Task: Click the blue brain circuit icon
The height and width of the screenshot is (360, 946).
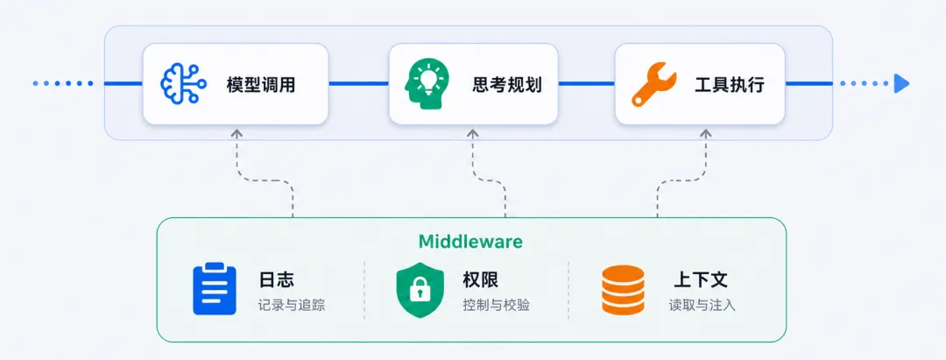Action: click(183, 83)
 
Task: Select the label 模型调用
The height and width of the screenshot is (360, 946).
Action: click(261, 84)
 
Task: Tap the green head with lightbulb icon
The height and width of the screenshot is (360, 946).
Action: click(427, 83)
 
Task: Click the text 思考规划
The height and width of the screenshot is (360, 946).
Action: click(507, 84)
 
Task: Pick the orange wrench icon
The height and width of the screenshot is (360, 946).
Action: click(654, 84)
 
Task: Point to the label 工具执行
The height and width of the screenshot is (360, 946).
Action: click(730, 84)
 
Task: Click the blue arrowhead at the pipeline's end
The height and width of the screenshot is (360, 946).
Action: click(901, 83)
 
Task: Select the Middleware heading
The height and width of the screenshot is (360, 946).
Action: click(470, 242)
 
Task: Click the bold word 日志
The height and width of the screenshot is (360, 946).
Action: click(276, 279)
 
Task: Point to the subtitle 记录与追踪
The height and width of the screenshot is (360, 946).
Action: click(292, 305)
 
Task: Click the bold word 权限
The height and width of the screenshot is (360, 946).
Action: click(480, 279)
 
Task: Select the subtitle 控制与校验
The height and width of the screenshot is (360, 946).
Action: click(496, 305)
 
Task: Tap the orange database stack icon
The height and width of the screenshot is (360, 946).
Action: click(624, 290)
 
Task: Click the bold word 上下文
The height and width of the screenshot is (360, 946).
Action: click(701, 279)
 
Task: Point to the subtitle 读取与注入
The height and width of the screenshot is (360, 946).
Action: click(702, 305)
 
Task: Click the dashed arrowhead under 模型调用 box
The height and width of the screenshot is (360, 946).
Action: click(236, 132)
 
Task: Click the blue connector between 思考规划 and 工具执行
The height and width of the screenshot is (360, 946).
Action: click(586, 83)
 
